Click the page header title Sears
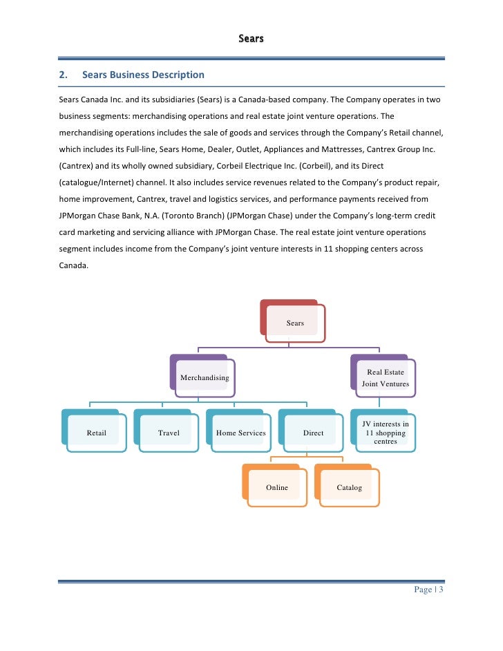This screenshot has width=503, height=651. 251,39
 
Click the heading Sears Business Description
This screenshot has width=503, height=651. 143,75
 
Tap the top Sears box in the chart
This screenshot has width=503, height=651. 294,322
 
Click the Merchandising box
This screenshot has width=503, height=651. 205,377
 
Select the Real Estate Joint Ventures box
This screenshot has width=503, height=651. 386,377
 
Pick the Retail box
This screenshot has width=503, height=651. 96,433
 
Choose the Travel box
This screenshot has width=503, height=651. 169,433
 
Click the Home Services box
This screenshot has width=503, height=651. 240,433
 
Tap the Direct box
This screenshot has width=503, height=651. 313,433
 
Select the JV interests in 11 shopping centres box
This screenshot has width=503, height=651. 386,433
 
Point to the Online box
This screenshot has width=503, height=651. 277,487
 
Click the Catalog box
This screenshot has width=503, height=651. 349,487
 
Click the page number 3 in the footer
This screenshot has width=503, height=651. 440,589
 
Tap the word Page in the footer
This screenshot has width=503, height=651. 423,589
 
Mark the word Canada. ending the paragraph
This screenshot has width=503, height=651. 72,265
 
